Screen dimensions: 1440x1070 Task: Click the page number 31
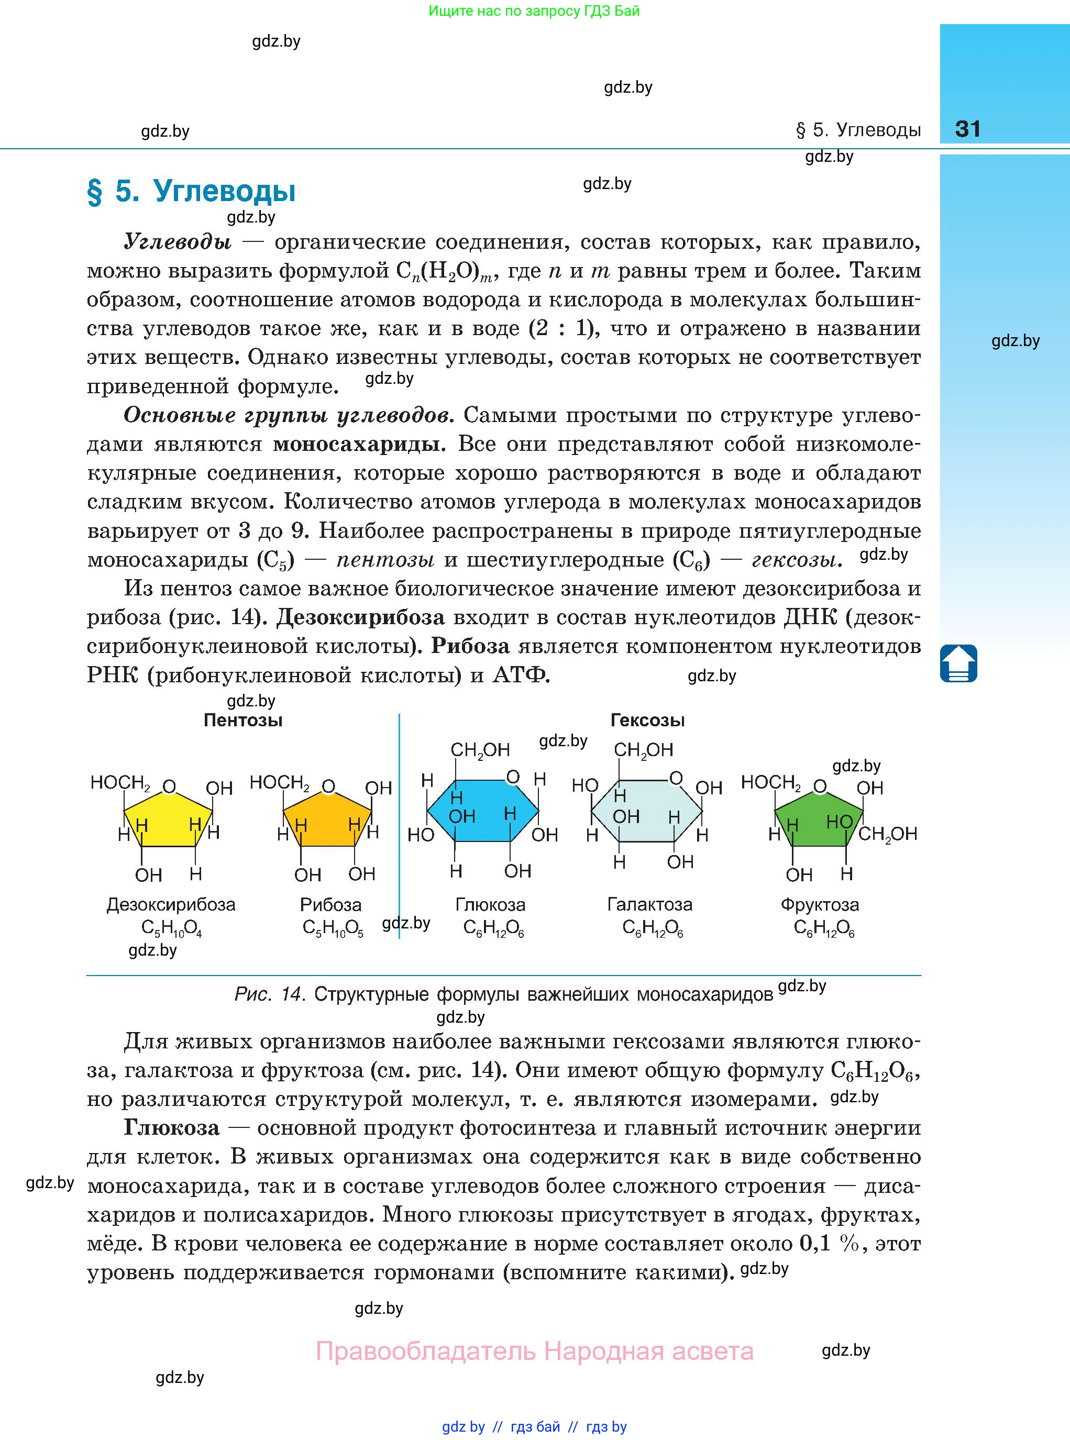coord(968,129)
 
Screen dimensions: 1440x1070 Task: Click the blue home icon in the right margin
coord(958,663)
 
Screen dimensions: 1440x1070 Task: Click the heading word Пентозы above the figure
coord(243,720)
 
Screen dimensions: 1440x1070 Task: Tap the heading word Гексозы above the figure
coord(647,720)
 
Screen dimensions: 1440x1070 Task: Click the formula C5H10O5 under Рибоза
coord(332,929)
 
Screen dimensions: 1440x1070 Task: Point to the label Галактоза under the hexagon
coord(649,904)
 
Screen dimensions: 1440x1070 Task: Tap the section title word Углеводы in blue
coord(224,191)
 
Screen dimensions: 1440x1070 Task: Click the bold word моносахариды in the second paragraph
coord(359,444)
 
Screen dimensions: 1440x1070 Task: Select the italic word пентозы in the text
coord(385,559)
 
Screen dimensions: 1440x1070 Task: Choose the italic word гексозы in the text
coord(796,559)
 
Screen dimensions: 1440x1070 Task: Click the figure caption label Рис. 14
coord(269,994)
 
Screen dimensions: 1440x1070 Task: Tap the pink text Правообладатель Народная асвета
coord(534,1352)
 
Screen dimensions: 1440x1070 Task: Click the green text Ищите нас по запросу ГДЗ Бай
coord(534,11)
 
